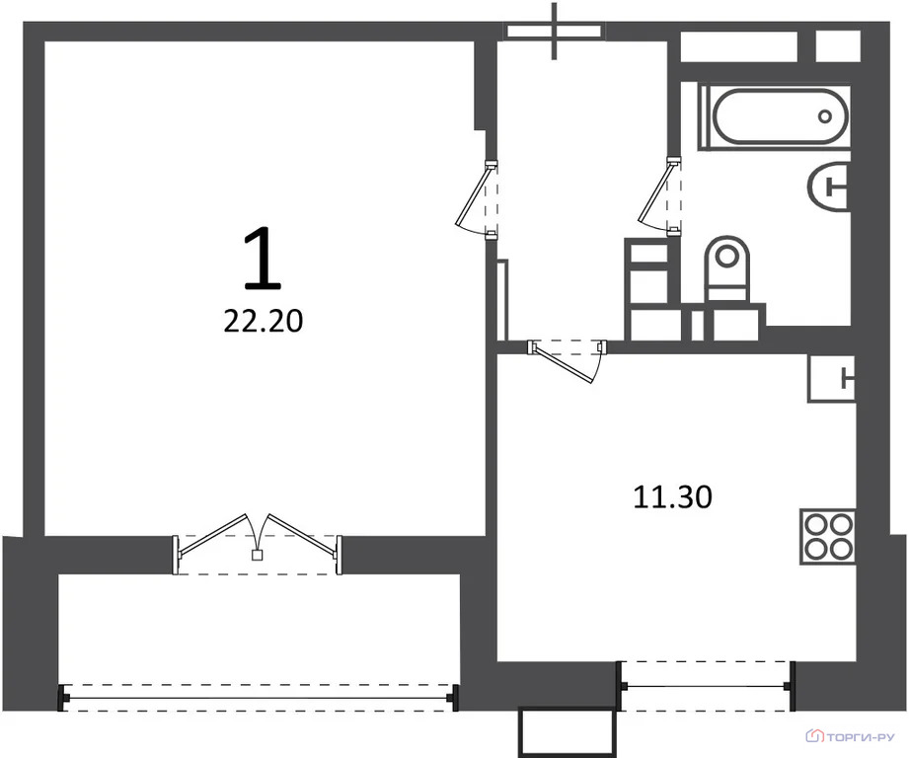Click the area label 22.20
pyautogui.click(x=264, y=321)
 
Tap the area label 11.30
pyautogui.click(x=672, y=497)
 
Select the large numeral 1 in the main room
pyautogui.click(x=263, y=258)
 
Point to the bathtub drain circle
pyautogui.click(x=825, y=116)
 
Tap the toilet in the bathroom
pyautogui.click(x=727, y=268)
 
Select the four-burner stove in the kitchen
pyautogui.click(x=828, y=536)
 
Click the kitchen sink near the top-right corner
pyautogui.click(x=832, y=378)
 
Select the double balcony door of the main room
pyautogui.click(x=258, y=544)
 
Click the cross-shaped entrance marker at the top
pyautogui.click(x=555, y=31)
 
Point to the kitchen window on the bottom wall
pyautogui.click(x=705, y=686)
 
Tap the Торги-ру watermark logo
pyautogui.click(x=851, y=736)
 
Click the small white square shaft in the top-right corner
pyautogui.click(x=838, y=45)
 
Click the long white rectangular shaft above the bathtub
pyautogui.click(x=739, y=45)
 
